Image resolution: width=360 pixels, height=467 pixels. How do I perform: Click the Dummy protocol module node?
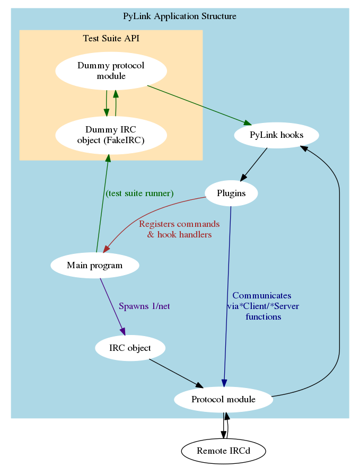[111, 71]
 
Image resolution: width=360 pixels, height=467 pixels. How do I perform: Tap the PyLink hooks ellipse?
[276, 135]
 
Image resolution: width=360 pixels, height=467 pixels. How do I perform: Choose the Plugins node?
[231, 193]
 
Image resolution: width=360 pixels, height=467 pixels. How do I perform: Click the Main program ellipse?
[95, 265]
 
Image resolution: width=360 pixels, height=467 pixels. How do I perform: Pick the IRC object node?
[130, 348]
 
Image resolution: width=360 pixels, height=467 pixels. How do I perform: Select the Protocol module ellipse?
[223, 399]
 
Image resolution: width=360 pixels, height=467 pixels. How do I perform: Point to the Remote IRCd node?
[223, 452]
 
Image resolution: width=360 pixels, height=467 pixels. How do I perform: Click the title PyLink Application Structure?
[180, 16]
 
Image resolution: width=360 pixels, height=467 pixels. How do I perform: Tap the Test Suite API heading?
[111, 38]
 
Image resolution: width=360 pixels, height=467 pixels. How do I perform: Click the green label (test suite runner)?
[139, 193]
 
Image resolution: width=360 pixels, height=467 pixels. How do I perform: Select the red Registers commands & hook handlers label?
[179, 229]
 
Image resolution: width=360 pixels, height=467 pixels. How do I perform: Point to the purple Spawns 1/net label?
[144, 306]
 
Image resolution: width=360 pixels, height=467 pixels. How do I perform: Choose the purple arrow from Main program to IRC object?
[112, 306]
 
